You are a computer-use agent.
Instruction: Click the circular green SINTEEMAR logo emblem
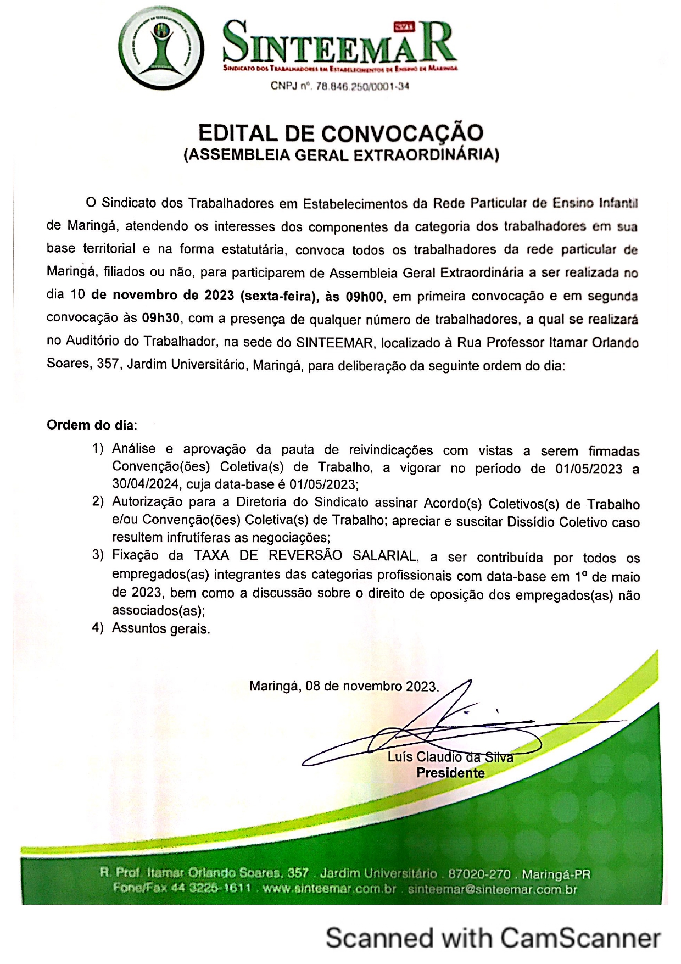pos(161,50)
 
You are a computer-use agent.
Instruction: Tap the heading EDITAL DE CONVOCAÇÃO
pos(340,133)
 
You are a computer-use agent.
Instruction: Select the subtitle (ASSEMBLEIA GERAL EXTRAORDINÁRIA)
pos(341,155)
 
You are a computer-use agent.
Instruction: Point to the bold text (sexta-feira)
pos(280,296)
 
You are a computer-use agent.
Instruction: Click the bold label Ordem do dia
pos(91,425)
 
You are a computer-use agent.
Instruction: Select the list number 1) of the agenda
pos(98,449)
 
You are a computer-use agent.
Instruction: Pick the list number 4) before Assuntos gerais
pos(98,628)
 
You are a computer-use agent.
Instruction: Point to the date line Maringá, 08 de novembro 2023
pos(344,687)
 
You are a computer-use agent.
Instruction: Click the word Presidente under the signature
pos(450,773)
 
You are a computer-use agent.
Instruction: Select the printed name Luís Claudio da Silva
pos(450,757)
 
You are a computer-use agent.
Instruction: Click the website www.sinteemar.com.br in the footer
pos(330,889)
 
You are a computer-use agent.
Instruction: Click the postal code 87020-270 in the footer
pos(479,874)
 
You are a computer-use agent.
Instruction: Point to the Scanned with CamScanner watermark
pos(493,938)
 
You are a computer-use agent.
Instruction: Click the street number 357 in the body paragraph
pos(108,364)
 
